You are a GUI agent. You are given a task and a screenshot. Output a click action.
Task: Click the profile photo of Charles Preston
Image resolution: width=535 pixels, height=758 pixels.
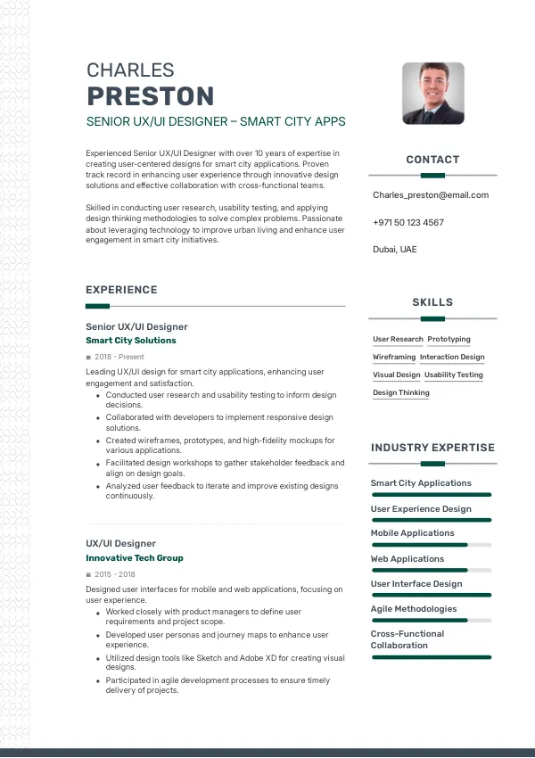coord(432,93)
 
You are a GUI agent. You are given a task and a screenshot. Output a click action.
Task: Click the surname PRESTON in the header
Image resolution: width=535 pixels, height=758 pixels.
coord(150,96)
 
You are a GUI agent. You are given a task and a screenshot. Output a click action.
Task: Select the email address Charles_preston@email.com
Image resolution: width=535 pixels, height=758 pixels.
coord(431,195)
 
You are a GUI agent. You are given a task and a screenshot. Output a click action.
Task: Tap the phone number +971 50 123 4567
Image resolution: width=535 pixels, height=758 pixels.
coord(407,222)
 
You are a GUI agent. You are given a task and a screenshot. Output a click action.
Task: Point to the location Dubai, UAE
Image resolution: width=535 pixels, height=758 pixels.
coord(394,250)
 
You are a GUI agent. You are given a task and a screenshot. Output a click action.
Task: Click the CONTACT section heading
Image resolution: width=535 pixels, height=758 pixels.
coord(432,160)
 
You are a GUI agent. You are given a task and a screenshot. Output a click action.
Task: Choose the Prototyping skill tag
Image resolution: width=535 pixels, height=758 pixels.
coord(449,340)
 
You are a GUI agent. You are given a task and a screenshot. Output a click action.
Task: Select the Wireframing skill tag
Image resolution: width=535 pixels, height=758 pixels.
coord(394,358)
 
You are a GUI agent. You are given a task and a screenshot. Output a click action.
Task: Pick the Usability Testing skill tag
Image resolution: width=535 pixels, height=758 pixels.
coord(454,375)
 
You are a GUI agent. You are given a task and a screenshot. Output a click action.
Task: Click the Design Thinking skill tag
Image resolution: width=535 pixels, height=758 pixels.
coord(400,393)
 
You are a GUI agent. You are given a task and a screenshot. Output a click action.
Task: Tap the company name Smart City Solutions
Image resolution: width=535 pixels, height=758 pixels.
coord(131,341)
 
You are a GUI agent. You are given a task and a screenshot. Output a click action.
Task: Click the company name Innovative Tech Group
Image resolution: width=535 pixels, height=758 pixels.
coord(135,558)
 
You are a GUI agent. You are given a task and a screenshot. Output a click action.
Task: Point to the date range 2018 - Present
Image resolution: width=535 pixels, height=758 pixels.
coord(119,357)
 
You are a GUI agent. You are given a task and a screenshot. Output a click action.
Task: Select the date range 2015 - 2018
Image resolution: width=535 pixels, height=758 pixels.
coord(115,574)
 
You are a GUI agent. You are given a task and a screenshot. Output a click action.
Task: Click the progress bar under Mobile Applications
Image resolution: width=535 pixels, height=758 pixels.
coord(431,544)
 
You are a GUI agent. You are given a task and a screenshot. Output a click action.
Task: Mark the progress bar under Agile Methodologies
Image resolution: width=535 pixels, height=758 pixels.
coord(431,620)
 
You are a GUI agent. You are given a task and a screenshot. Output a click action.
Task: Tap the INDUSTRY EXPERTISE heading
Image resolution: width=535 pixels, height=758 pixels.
coord(432,448)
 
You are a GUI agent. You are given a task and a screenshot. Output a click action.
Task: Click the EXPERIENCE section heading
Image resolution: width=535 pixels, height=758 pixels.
coord(121,290)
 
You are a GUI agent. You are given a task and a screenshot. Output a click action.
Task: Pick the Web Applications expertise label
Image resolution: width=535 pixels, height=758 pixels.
coord(407,559)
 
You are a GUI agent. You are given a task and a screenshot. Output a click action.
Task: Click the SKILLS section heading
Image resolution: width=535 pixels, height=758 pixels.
coord(432,302)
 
